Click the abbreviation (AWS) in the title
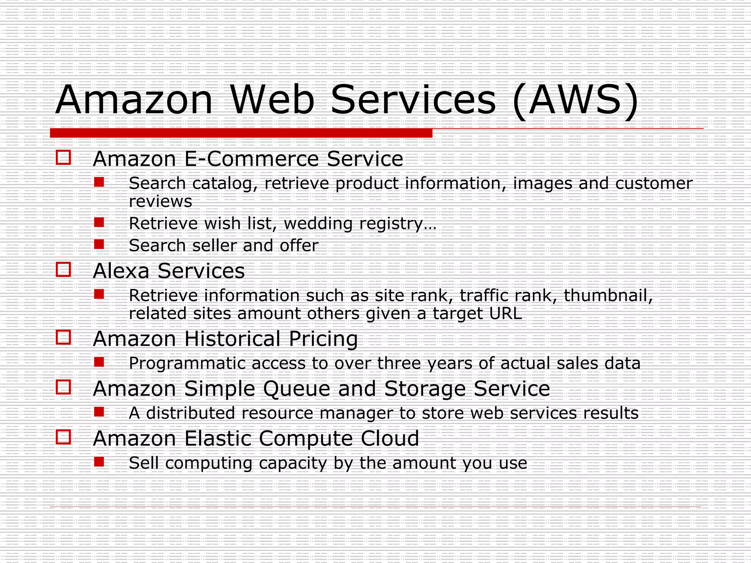tap(576, 100)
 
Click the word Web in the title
tap(272, 100)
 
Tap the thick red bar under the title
tap(241, 133)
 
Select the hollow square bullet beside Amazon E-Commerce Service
tap(63, 158)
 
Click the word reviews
tap(160, 201)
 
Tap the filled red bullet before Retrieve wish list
tap(99, 222)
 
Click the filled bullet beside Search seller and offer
tap(99, 244)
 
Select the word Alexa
tap(121, 271)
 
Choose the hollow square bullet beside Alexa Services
tap(63, 269)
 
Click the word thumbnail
tap(608, 295)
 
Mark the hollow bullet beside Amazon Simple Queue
tap(63, 387)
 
